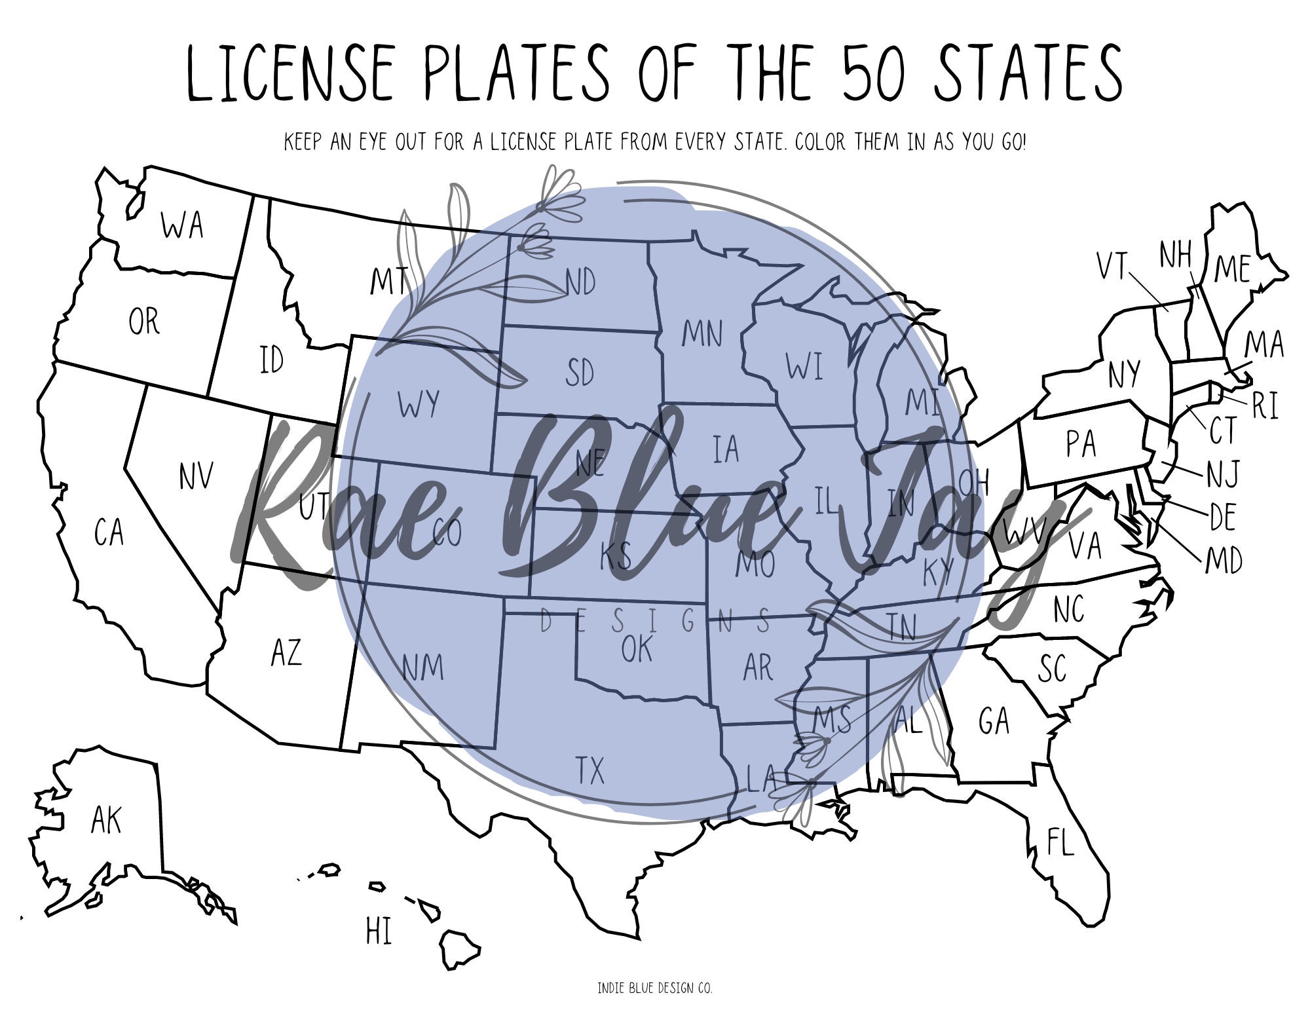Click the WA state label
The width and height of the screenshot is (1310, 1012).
(x=182, y=225)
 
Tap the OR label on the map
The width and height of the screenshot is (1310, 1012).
(x=143, y=322)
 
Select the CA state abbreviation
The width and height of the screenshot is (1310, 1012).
(x=109, y=532)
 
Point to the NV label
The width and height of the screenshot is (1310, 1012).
(x=196, y=476)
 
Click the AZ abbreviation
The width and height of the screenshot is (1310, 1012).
(x=286, y=653)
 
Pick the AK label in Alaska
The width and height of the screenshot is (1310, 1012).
(x=106, y=820)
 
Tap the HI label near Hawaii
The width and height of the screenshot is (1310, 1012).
(x=379, y=931)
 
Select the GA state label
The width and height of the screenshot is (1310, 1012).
(x=994, y=721)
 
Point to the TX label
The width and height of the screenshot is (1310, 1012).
(x=589, y=770)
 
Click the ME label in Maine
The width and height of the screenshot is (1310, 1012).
(x=1233, y=269)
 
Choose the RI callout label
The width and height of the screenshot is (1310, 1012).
(x=1264, y=407)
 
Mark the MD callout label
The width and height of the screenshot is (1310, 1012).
(x=1224, y=561)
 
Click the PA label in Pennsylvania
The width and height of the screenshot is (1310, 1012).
(x=1081, y=444)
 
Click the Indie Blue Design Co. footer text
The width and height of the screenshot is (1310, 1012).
(x=654, y=988)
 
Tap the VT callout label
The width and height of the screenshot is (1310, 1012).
(x=1112, y=267)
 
